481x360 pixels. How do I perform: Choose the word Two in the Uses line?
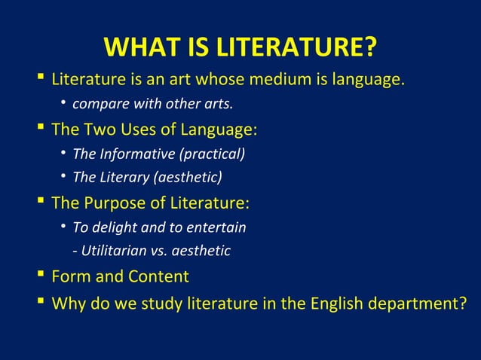[x=101, y=129]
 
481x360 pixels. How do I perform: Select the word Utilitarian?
[x=115, y=251]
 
